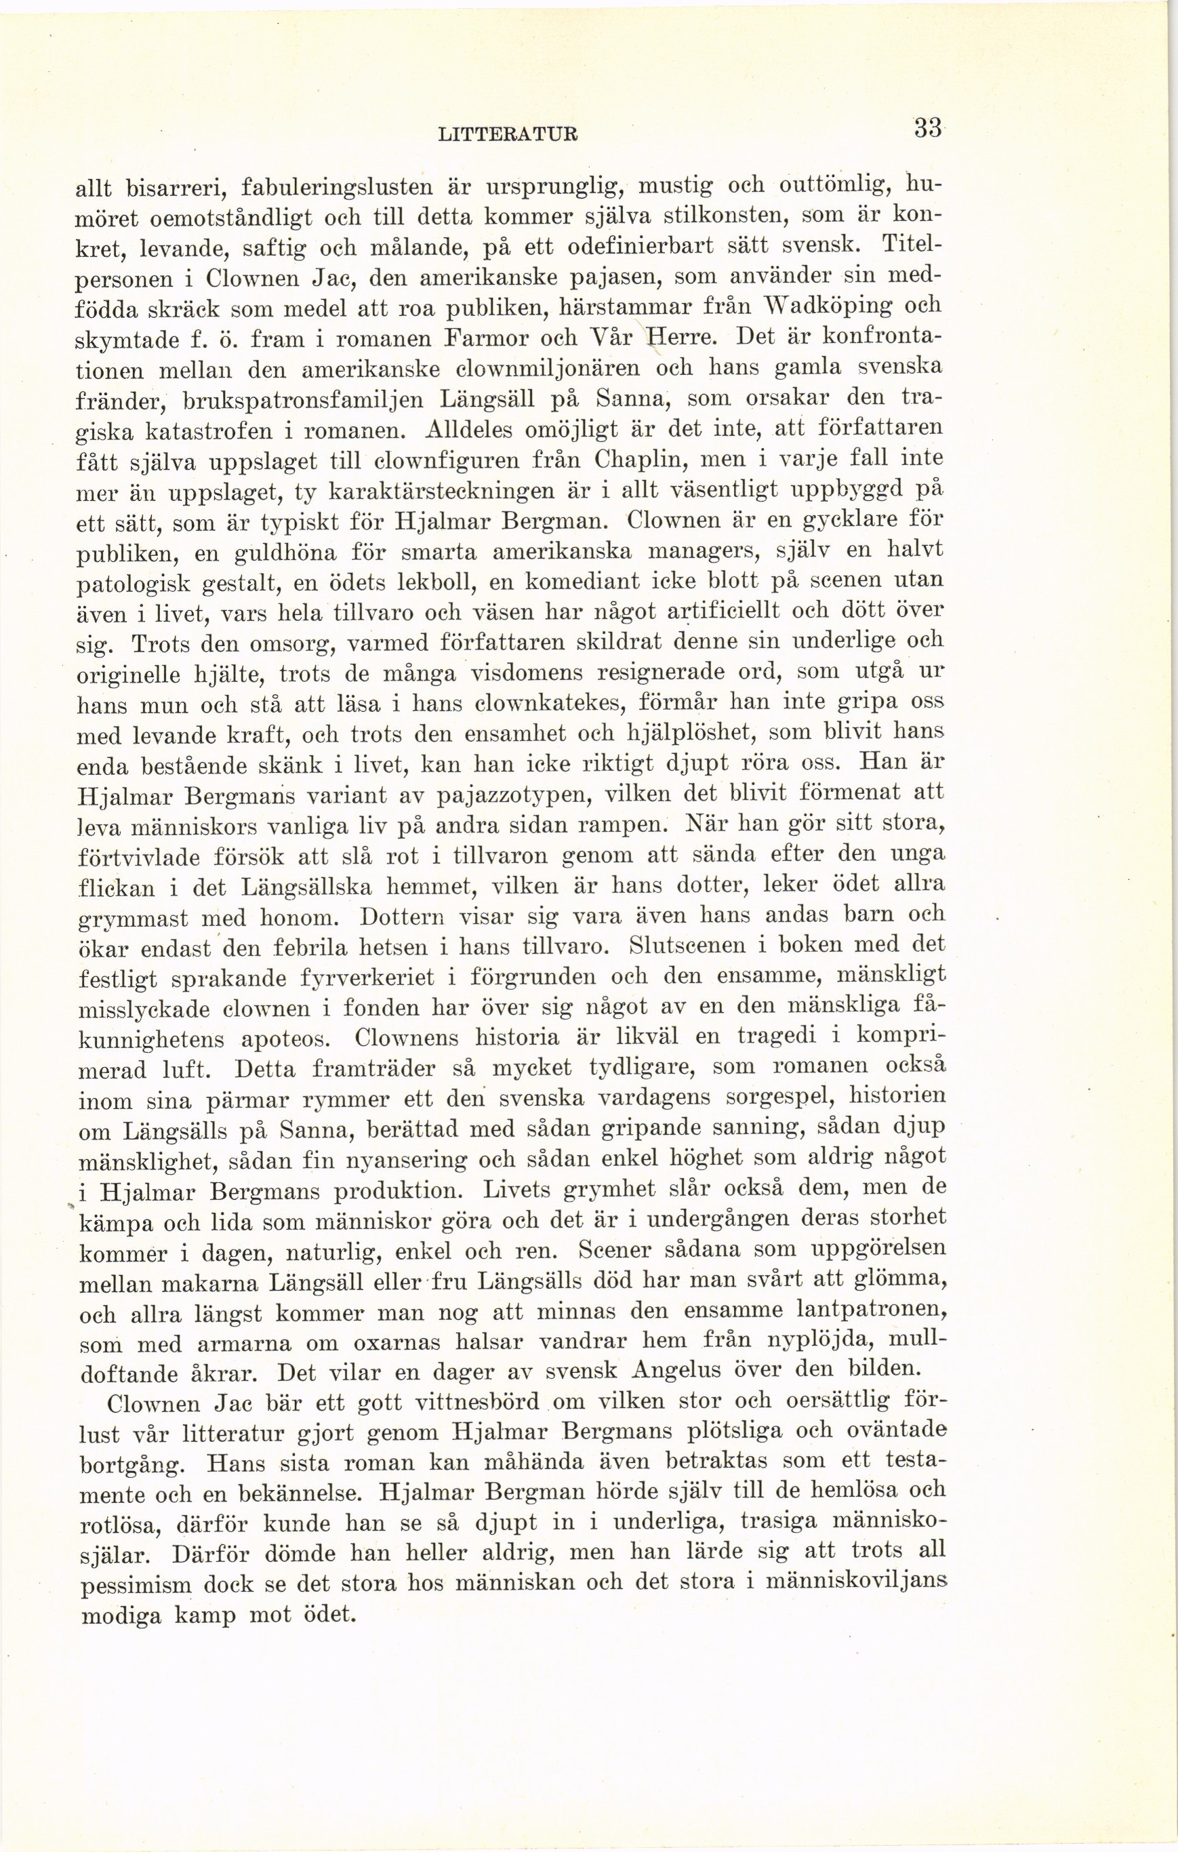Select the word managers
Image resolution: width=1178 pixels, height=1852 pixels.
(x=715, y=550)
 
